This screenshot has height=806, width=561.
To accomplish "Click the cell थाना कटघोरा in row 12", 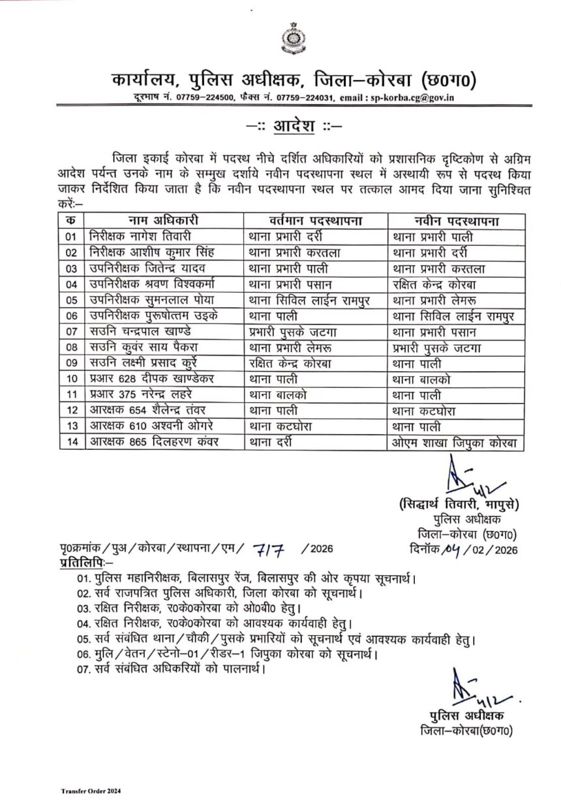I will [x=423, y=411].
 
